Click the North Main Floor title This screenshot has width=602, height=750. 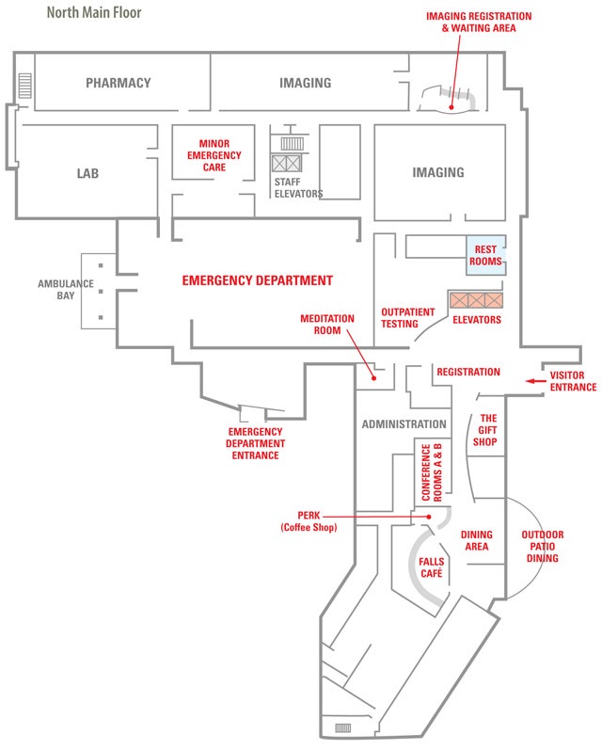point(94,14)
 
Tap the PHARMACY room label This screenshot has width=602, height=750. point(118,83)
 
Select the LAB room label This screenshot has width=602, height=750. point(87,173)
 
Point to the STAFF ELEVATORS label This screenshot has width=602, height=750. point(298,188)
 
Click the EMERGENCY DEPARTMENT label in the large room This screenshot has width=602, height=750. point(257,280)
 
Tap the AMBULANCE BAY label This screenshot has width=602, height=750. point(66,289)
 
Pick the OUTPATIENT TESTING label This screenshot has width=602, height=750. point(406,317)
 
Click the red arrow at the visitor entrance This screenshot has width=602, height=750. point(535,381)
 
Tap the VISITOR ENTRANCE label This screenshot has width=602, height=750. point(573,381)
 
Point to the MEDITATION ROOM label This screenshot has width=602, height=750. point(327,325)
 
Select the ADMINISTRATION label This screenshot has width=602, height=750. point(404,424)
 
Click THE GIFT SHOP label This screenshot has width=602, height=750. point(487,430)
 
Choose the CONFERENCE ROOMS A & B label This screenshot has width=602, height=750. point(431,470)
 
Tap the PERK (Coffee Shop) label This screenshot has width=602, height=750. point(309,521)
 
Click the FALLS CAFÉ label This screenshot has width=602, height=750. point(432,567)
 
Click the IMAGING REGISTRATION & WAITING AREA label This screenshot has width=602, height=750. point(479,22)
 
